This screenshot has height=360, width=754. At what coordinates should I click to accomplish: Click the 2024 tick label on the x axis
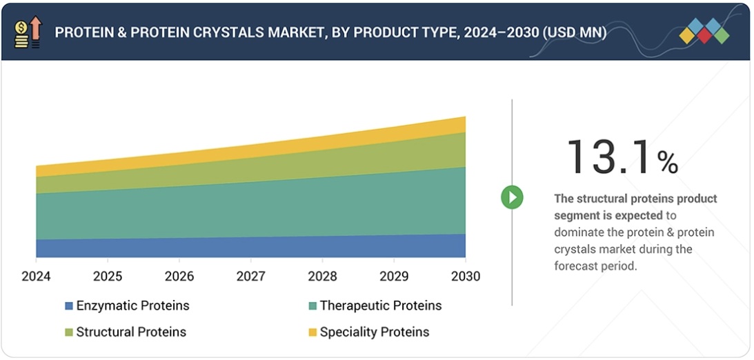(x=36, y=277)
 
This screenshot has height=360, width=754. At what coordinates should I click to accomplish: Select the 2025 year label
(x=108, y=277)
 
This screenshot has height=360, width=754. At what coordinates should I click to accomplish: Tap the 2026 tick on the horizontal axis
(x=179, y=277)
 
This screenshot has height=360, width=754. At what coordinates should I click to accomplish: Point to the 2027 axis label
(x=251, y=277)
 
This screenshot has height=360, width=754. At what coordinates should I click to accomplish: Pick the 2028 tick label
(x=322, y=277)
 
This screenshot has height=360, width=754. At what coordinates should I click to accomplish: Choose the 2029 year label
(x=394, y=277)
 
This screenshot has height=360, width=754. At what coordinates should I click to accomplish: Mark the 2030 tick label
(x=465, y=277)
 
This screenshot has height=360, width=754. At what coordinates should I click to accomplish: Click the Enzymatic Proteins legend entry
(x=132, y=306)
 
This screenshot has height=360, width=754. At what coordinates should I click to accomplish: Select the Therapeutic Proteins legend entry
(x=380, y=306)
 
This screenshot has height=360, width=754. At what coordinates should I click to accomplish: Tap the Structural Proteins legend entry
(x=131, y=332)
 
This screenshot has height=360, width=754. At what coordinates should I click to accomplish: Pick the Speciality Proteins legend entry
(x=374, y=332)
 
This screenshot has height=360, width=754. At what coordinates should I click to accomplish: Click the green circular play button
(x=512, y=198)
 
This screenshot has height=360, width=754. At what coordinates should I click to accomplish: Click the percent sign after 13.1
(x=667, y=163)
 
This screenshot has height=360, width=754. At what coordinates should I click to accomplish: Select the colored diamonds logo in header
(x=704, y=31)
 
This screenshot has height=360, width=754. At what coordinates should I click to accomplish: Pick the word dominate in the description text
(x=579, y=232)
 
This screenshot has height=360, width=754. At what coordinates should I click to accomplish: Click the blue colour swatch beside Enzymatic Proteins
(x=69, y=306)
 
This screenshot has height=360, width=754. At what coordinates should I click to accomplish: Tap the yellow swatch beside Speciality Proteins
(x=312, y=332)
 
